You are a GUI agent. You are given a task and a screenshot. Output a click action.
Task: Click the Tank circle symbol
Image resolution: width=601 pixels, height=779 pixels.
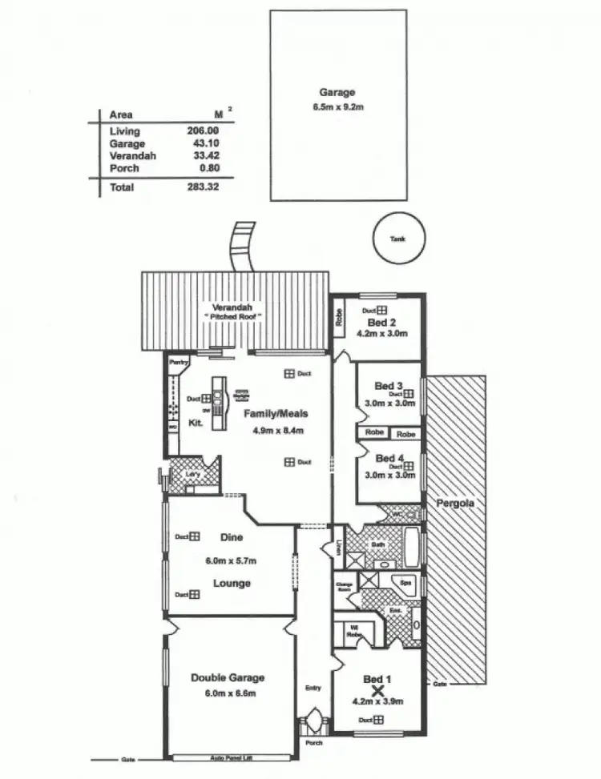pyautogui.click(x=398, y=238)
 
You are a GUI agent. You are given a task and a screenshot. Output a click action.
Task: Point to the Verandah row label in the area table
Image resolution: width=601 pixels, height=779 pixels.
pyautogui.click(x=133, y=156)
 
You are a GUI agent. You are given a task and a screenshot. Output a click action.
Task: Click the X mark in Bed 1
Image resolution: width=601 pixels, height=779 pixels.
pyautogui.click(x=380, y=689)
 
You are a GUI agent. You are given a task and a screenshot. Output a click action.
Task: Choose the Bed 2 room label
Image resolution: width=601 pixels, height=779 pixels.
pyautogui.click(x=377, y=322)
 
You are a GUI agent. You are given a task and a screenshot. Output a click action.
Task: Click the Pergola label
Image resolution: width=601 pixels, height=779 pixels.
pyautogui.click(x=454, y=504)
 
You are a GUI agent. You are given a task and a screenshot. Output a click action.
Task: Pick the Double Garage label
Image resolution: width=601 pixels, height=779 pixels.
pyautogui.click(x=228, y=677)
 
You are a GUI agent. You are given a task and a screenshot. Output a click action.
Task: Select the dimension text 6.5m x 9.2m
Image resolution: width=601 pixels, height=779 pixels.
pyautogui.click(x=337, y=106)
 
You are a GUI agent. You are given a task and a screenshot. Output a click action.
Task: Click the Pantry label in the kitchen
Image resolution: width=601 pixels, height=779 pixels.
pyautogui.click(x=178, y=363)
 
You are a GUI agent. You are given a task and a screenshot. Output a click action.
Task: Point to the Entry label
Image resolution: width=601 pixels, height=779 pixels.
pyautogui.click(x=313, y=687)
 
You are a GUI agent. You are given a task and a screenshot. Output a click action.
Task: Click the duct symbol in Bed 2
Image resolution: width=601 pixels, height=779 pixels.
pyautogui.click(x=382, y=310)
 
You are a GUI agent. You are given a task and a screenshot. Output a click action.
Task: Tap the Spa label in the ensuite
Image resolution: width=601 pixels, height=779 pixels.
pyautogui.click(x=405, y=583)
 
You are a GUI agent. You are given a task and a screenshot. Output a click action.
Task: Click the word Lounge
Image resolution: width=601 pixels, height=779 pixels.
pyautogui.click(x=232, y=583)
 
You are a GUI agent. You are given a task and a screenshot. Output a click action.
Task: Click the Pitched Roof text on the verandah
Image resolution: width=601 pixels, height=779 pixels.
pyautogui.click(x=234, y=318)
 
